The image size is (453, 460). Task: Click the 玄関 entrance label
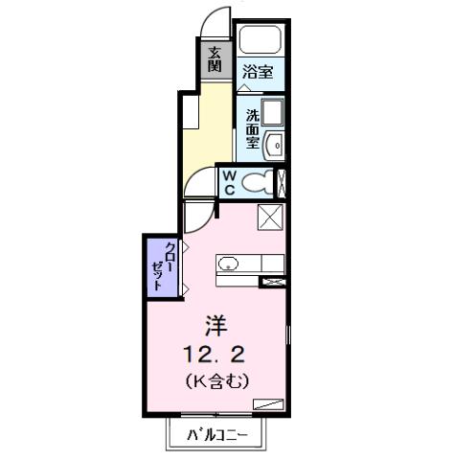215,59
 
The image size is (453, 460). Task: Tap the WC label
230,180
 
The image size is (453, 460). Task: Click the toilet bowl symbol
257,181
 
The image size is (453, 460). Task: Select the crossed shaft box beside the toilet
281,181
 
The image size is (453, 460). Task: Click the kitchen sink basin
230,264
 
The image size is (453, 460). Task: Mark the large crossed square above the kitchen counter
270,218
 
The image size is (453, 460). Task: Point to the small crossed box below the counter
274,281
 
